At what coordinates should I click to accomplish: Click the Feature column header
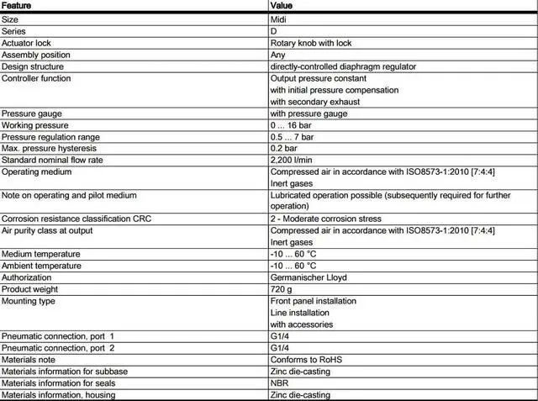(x=18, y=6)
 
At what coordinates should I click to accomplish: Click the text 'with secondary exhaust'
(x=314, y=102)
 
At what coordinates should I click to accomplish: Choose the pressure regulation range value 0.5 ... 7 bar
(x=292, y=137)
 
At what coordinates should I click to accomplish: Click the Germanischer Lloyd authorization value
(x=309, y=277)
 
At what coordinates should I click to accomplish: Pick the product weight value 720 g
(x=281, y=288)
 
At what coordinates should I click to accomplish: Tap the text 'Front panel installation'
(x=313, y=300)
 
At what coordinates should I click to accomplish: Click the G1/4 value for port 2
(x=280, y=347)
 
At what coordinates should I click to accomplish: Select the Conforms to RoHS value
(x=306, y=359)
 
